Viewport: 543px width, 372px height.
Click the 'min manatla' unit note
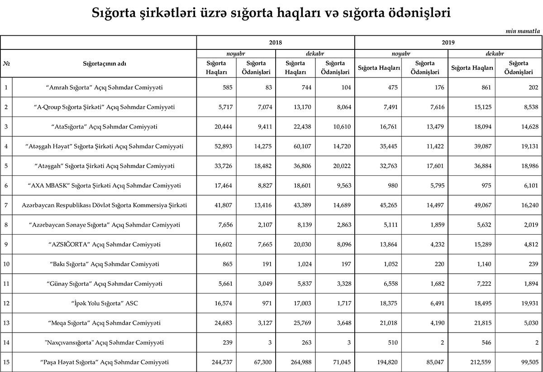523,31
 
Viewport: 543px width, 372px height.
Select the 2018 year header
275,43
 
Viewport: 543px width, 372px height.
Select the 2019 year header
448,43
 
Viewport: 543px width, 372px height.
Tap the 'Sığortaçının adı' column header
105,63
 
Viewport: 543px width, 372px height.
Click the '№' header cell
6,63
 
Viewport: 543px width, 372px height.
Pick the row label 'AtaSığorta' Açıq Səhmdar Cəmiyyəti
105,127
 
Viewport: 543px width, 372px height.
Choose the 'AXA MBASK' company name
105,185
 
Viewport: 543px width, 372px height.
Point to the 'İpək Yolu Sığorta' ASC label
105,303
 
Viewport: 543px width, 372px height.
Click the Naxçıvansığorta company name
105,342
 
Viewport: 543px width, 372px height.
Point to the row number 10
6,264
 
